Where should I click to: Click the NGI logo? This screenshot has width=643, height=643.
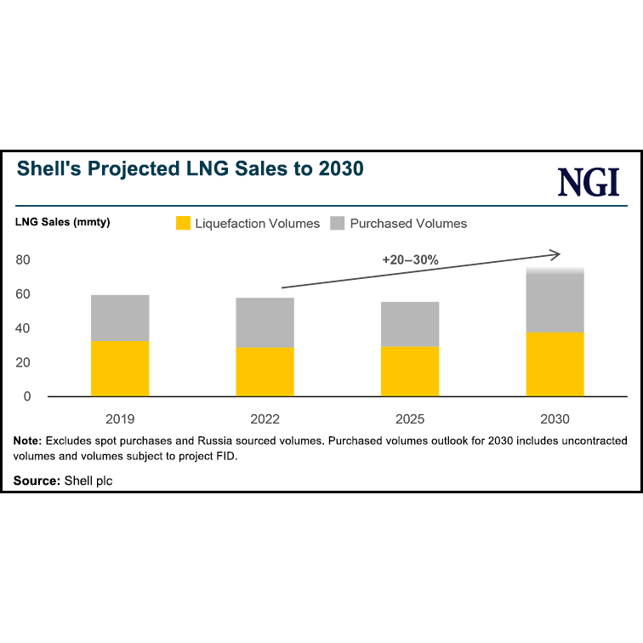pyautogui.click(x=589, y=183)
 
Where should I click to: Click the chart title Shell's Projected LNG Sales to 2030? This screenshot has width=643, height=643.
pyautogui.click(x=191, y=168)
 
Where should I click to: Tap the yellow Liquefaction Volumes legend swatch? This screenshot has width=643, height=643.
pyautogui.click(x=183, y=224)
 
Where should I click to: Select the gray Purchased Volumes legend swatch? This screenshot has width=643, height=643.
pyautogui.click(x=338, y=224)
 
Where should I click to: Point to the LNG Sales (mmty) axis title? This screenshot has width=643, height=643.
pyautogui.click(x=62, y=222)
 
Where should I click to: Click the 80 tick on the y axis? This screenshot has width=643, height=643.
pyautogui.click(x=23, y=260)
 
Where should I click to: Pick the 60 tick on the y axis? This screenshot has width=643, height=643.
pyautogui.click(x=23, y=294)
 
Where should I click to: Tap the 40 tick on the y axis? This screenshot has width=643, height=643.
pyautogui.click(x=23, y=328)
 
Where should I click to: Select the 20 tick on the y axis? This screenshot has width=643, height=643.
pyautogui.click(x=23, y=362)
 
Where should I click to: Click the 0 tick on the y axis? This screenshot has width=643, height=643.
pyautogui.click(x=27, y=396)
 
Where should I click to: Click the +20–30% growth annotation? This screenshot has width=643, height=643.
pyautogui.click(x=410, y=259)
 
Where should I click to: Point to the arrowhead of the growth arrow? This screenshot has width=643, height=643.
pyautogui.click(x=556, y=253)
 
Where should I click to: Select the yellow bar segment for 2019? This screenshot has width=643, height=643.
pyautogui.click(x=120, y=368)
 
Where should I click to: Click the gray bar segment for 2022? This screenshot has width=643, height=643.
pyautogui.click(x=265, y=322)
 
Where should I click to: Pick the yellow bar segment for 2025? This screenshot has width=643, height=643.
pyautogui.click(x=410, y=371)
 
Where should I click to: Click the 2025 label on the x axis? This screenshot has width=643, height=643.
pyautogui.click(x=410, y=419)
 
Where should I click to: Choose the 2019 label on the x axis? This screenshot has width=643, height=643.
pyautogui.click(x=120, y=419)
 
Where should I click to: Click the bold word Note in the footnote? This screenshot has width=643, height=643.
pyautogui.click(x=28, y=441)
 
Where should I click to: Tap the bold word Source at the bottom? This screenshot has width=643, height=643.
pyautogui.click(x=37, y=481)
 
